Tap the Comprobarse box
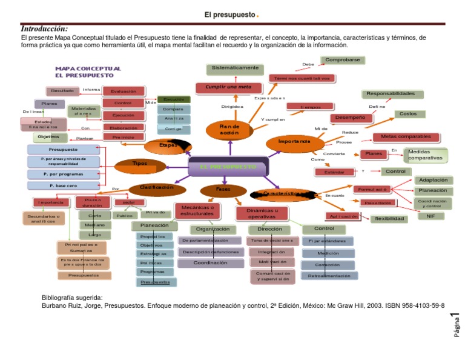[x=343, y=60]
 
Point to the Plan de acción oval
[x=229, y=129]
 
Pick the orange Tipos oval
[x=140, y=163]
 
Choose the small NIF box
[x=430, y=216]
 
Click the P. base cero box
[x=62, y=185]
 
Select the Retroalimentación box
[x=329, y=276]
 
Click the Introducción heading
[x=44, y=29]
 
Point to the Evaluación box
[x=123, y=92]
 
